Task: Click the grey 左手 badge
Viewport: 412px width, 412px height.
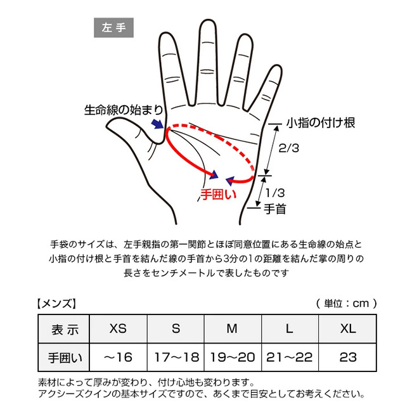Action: coord(113,28)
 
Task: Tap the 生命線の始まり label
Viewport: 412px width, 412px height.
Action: coord(124,110)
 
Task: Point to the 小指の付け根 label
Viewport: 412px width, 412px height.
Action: coord(321,122)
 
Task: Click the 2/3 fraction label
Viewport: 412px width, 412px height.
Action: coord(289,148)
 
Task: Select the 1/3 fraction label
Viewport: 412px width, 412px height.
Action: coord(275,193)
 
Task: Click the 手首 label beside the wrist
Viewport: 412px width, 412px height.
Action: coord(275,209)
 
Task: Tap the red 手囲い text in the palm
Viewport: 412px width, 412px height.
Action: coord(219,195)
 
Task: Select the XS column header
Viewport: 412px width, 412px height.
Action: coord(118,328)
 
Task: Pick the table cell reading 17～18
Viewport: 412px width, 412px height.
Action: coord(176,357)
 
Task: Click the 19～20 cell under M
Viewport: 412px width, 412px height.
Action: coord(233,357)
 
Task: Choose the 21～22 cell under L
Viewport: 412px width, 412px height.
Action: coord(290,357)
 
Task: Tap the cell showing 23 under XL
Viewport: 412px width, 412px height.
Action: coord(347,357)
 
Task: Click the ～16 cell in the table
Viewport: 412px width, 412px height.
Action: coord(118,357)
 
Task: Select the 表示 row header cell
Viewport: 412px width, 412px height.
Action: coord(64,328)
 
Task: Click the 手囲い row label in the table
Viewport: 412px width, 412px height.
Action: coord(64,357)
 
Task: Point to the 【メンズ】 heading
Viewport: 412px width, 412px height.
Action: coord(56,304)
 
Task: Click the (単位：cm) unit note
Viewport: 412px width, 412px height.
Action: coord(347,304)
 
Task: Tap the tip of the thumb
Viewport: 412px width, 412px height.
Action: coord(107,127)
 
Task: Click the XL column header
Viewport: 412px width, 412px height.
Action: coord(347,328)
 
